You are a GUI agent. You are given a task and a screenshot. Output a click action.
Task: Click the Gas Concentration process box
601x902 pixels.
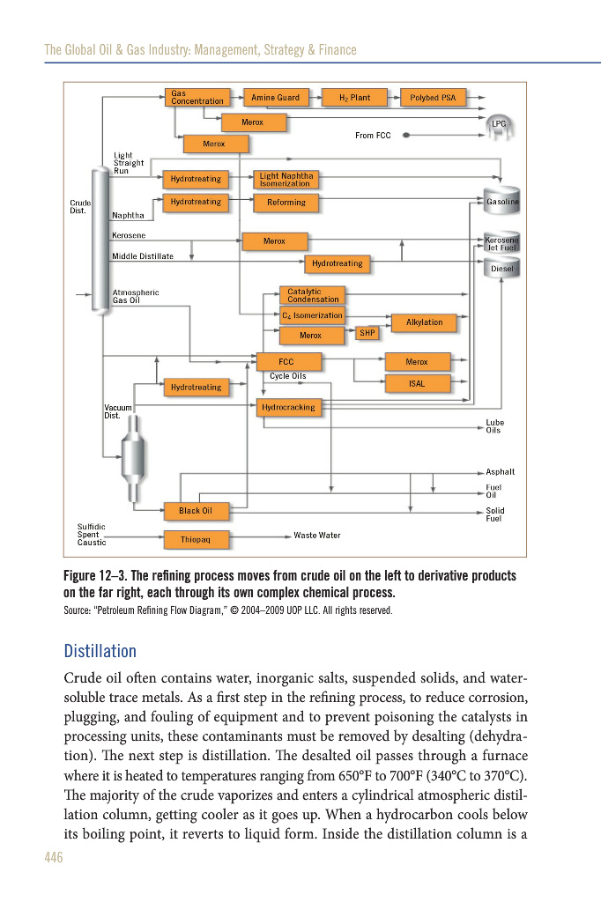[x=197, y=98]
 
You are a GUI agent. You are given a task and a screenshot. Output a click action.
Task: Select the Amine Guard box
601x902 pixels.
[x=275, y=98]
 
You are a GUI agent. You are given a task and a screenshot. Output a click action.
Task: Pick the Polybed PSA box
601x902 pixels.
[x=433, y=98]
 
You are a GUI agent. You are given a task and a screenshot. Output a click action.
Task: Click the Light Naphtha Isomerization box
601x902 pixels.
[x=286, y=180]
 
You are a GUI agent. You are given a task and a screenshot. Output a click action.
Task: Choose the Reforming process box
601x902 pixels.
[x=286, y=203]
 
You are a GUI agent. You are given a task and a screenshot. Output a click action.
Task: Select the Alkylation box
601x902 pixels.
[x=424, y=322]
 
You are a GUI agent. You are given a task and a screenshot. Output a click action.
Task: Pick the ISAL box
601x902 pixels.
[x=417, y=383]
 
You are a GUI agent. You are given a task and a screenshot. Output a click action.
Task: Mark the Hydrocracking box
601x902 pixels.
[x=288, y=408]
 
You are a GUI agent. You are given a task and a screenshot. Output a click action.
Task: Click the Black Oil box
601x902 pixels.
[x=196, y=511]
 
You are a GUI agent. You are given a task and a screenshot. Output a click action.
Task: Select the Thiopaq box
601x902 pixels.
[x=196, y=537]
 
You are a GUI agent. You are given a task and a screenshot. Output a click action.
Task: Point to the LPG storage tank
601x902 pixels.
[x=500, y=125]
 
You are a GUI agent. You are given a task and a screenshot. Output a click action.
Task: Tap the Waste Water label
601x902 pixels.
[x=317, y=536]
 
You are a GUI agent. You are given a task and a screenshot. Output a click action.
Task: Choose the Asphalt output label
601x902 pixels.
[x=501, y=472]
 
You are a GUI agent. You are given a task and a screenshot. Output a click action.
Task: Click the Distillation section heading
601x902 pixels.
[x=100, y=652]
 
